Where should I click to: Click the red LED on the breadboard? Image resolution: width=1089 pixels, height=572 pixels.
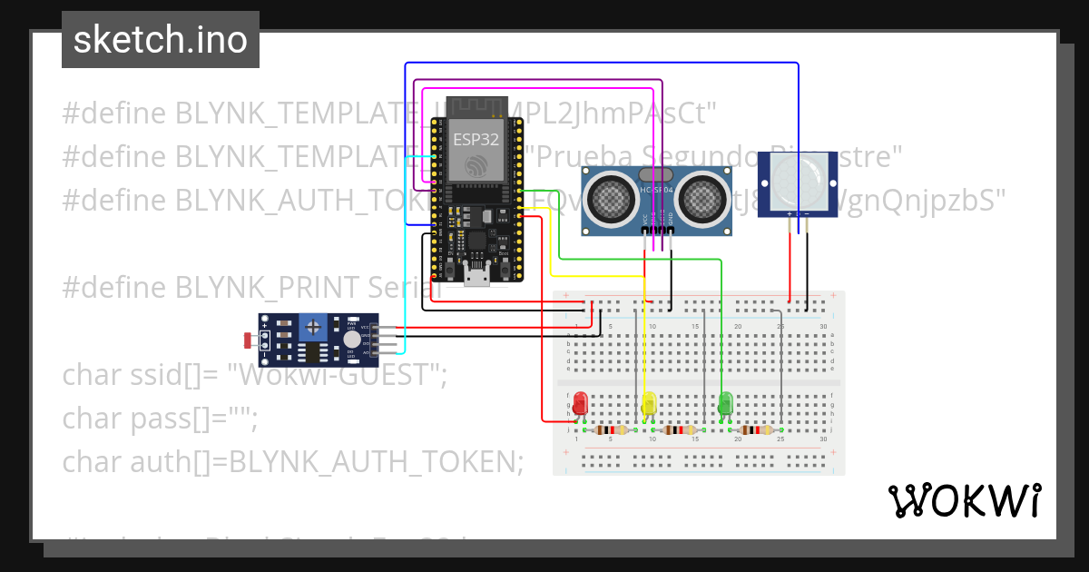click(x=579, y=401)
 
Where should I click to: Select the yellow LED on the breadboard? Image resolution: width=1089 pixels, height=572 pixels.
click(x=648, y=403)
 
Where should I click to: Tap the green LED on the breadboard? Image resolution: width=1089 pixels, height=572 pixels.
click(x=725, y=402)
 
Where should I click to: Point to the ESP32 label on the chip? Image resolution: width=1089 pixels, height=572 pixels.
click(x=476, y=140)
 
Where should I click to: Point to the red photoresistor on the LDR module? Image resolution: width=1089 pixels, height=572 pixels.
click(x=248, y=340)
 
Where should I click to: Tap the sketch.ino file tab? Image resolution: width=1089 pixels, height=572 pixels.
click(x=161, y=40)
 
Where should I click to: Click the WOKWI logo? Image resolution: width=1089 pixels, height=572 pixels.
click(x=964, y=500)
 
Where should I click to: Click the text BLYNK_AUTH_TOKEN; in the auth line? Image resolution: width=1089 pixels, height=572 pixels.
click(x=376, y=462)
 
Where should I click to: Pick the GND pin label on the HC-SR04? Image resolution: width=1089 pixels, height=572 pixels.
click(x=671, y=219)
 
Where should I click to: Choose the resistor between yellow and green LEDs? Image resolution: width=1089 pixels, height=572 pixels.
click(x=681, y=430)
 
